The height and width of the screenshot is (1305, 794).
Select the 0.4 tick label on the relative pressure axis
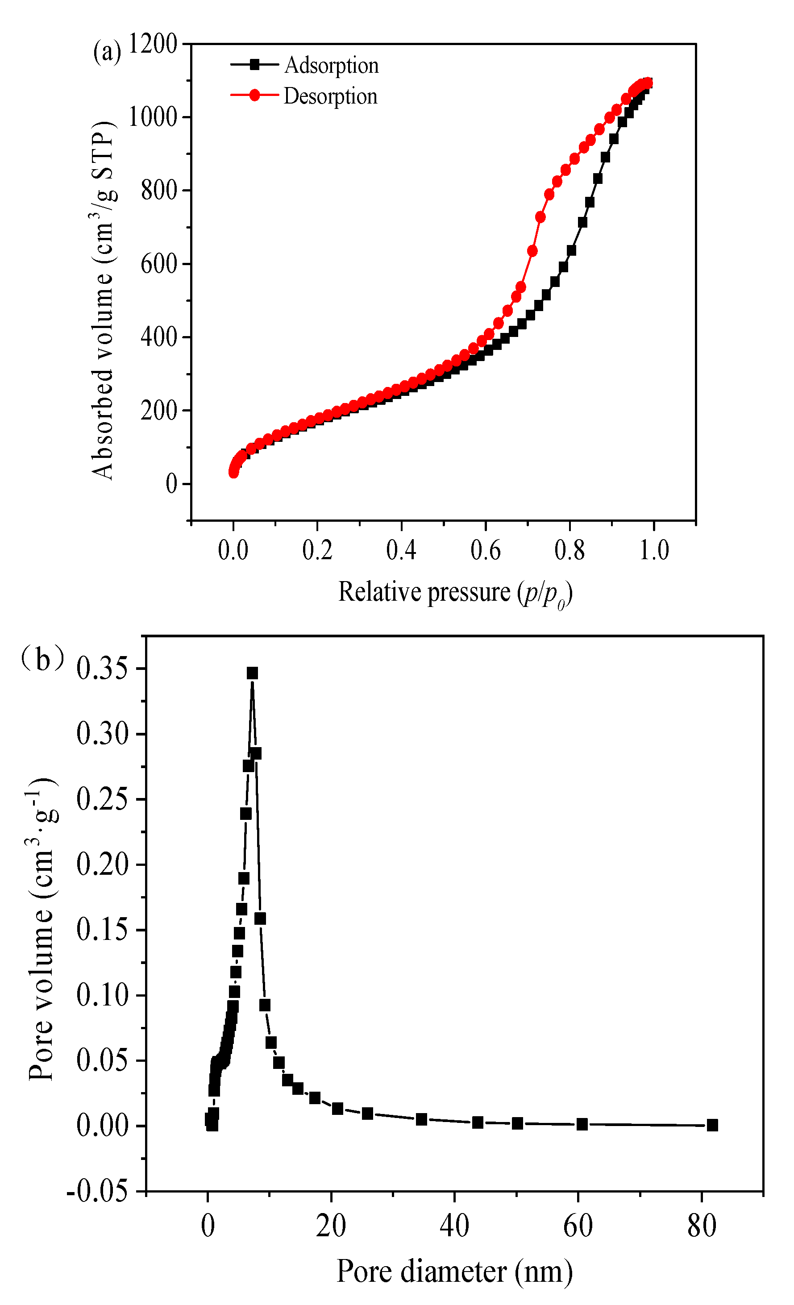tap(401, 550)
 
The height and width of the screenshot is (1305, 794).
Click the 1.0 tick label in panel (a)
tap(654, 550)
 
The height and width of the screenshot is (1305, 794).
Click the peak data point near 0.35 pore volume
tap(252, 673)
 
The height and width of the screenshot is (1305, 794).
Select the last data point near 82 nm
tap(712, 1126)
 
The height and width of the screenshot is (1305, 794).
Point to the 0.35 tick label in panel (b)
tap(103, 669)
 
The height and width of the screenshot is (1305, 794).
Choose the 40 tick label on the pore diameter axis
tap(454, 1225)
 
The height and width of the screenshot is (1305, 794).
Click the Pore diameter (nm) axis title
tap(454, 1271)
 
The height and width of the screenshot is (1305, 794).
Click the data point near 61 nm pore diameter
tap(582, 1124)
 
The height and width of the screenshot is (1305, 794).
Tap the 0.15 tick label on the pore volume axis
tap(103, 930)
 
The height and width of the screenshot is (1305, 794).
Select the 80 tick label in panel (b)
tap(702, 1225)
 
